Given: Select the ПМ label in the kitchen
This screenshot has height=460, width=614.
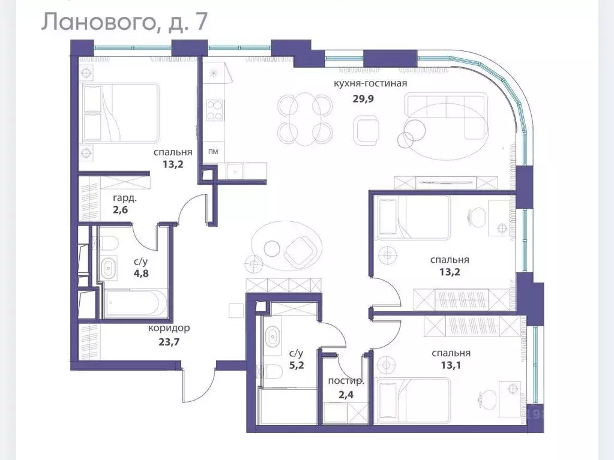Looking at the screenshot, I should click(212, 152).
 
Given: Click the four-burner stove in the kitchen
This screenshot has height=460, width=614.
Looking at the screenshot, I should click(214, 110).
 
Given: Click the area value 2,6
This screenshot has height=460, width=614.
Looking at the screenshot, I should click(120, 210).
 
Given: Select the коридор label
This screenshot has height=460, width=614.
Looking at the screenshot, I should click(169, 328).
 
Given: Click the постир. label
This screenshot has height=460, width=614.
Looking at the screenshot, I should click(346, 381).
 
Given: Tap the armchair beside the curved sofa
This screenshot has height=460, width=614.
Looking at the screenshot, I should click(366, 128).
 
